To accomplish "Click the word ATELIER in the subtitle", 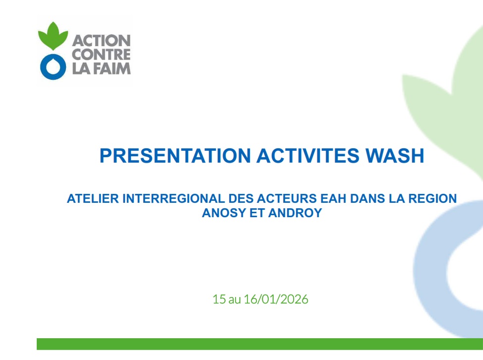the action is tap(93, 199).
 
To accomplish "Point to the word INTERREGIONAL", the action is tap(174, 199).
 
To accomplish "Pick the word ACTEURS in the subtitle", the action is tap(287, 199).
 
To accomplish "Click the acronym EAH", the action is tap(333, 199).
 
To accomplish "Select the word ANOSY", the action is tap(224, 213).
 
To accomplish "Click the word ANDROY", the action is tap(295, 213).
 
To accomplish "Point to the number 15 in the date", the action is tap(219, 300).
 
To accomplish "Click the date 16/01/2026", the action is tap(276, 300).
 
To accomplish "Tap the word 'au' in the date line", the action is tap(235, 300).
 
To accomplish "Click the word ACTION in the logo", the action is tap(101, 41).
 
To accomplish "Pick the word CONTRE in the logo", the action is tap(101, 55).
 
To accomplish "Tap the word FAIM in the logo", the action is tap(112, 68).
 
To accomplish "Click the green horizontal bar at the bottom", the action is tap(260, 344).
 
